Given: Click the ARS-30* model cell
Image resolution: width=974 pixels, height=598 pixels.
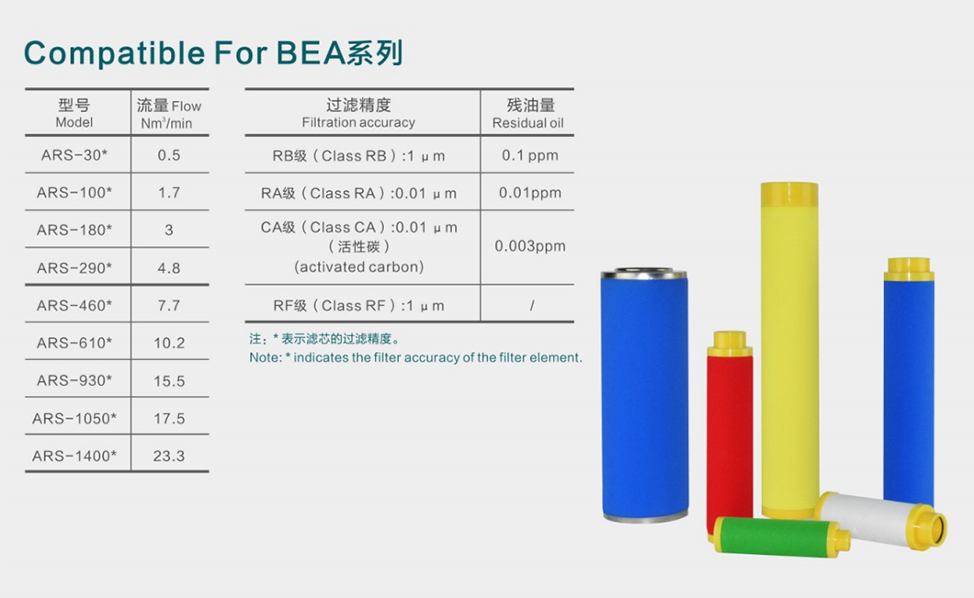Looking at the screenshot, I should point(74,155).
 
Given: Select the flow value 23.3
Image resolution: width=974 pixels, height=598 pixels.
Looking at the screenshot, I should point(169,456).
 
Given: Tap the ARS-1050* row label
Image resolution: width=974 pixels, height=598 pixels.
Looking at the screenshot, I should point(74,418).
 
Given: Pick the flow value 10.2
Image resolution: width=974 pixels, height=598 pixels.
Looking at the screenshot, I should point(169,343).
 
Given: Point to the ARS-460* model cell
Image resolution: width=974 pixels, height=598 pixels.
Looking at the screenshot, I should point(74,305).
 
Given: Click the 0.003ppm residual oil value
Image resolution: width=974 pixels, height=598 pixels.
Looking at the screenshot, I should point(529,246).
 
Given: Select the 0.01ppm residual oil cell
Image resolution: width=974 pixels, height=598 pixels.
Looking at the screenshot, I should point(529,193).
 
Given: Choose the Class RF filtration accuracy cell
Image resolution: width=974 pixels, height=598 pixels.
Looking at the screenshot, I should point(358,305).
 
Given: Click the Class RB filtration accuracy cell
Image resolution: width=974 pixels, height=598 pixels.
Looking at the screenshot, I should point(358,155).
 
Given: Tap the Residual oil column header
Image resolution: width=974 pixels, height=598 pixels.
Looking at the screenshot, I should point(528,113).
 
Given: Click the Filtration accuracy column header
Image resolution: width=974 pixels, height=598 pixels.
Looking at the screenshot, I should point(358,113).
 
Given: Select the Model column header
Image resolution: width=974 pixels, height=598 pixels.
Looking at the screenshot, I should point(74,113).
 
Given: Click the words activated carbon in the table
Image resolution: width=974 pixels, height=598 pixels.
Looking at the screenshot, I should point(358,267).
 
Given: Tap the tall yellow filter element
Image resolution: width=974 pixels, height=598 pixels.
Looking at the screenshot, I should point(789,358).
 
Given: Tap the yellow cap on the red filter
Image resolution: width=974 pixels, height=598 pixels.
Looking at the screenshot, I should point(730,343).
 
